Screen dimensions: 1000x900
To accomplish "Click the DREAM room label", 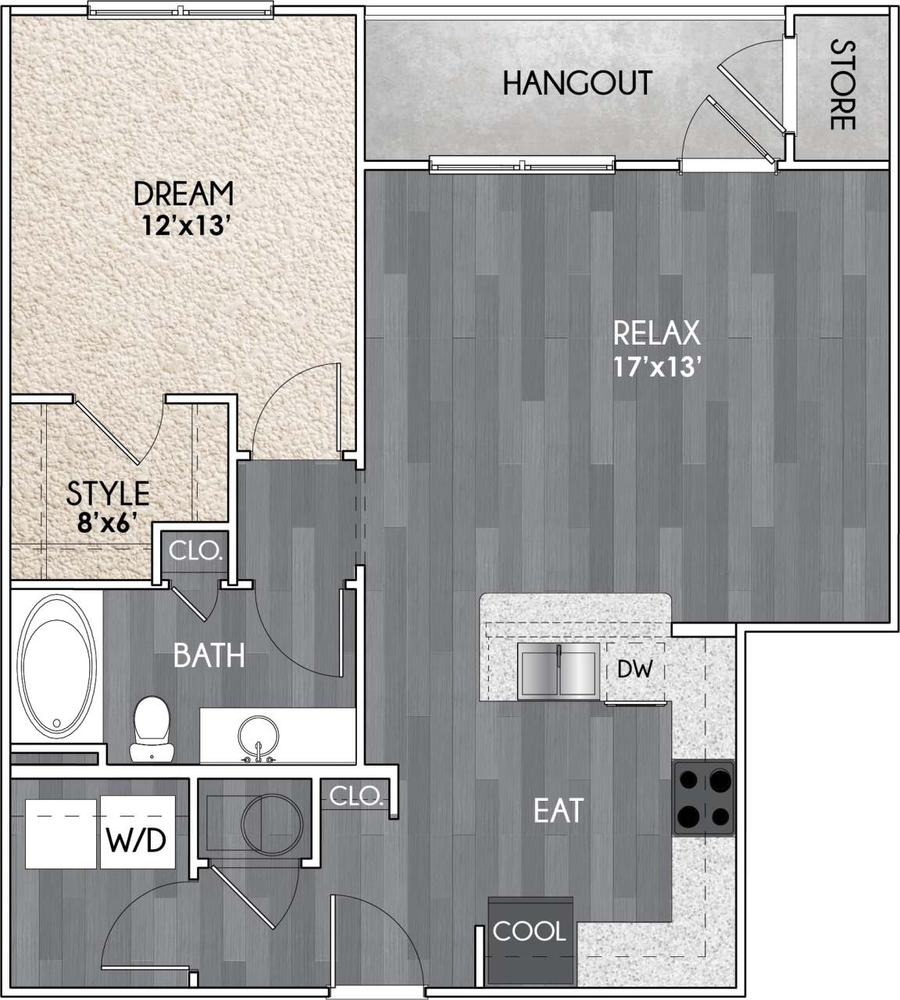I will click(184, 192).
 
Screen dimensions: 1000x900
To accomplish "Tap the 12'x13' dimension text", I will click(184, 226).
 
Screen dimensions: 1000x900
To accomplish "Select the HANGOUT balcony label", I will click(577, 82).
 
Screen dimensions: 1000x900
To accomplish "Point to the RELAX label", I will click(656, 334).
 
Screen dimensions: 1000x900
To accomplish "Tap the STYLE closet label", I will click(108, 493).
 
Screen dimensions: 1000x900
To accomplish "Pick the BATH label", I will click(209, 655).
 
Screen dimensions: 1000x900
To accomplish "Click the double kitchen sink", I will click(559, 672).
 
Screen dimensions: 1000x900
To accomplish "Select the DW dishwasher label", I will click(634, 670).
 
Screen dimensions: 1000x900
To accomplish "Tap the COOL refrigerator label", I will click(529, 931).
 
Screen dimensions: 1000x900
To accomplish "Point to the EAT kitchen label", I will click(559, 811).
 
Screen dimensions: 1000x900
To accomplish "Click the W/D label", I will click(136, 841).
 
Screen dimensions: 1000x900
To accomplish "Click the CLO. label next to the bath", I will click(195, 552).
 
